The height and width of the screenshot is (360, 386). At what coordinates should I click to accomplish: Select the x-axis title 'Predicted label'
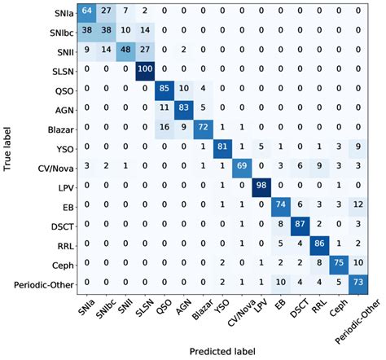pyautogui.click(x=221, y=350)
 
